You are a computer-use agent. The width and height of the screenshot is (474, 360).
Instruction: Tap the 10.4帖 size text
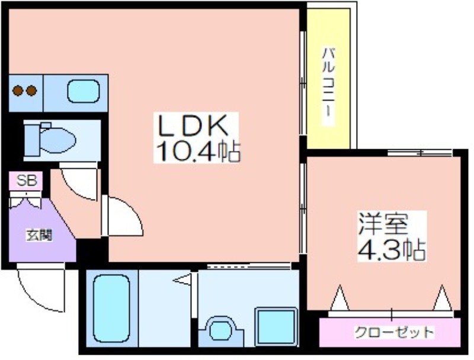(x=198, y=151)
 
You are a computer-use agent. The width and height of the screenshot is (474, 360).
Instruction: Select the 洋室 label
(x=383, y=224)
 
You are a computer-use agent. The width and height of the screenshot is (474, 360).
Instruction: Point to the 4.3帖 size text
(x=392, y=249)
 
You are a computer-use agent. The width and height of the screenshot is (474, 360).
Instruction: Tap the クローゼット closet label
(x=394, y=333)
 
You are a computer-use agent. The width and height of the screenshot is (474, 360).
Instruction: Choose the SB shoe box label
(x=26, y=181)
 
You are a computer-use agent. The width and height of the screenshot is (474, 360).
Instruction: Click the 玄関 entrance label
(x=39, y=235)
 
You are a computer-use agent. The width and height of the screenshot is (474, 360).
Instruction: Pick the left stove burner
(x=18, y=91)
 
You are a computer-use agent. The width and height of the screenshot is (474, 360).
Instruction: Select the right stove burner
(x=31, y=91)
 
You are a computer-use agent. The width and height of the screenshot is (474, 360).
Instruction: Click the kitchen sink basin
(x=83, y=91)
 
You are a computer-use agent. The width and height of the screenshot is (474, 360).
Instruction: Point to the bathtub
(x=111, y=308)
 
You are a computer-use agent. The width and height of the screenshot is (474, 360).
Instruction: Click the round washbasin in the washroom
(x=220, y=330)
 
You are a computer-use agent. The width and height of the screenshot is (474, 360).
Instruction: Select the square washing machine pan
(x=276, y=326)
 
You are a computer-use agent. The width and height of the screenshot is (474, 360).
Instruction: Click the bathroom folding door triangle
(x=182, y=279)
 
